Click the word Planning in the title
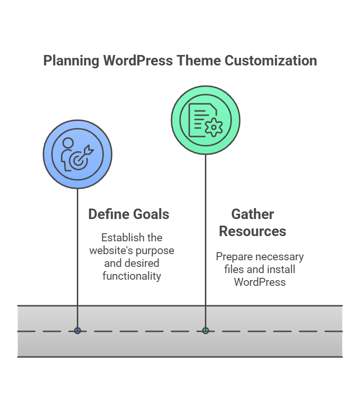(71, 61)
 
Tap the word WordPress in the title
(138, 61)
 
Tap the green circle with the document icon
(205, 120)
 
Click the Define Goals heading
(129, 214)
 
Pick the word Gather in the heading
(252, 214)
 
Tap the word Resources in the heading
(252, 231)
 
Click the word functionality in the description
(132, 276)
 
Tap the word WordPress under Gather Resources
(259, 283)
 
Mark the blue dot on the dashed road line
(77, 330)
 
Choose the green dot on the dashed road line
(205, 330)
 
